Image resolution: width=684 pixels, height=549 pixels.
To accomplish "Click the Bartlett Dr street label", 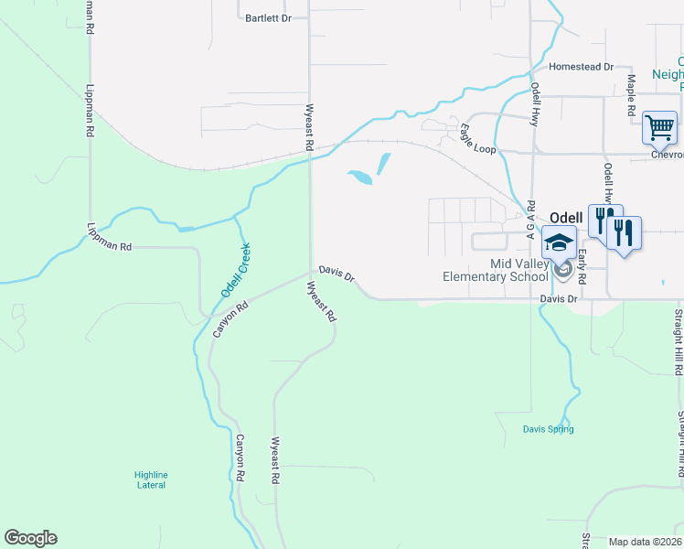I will click(x=268, y=17).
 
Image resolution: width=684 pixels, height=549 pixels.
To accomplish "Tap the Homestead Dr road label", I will click(x=581, y=67).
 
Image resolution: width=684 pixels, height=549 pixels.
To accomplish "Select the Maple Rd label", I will click(x=631, y=94).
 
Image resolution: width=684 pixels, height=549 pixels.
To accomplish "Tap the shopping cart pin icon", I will click(x=659, y=128).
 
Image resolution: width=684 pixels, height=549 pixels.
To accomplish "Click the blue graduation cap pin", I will click(x=559, y=243).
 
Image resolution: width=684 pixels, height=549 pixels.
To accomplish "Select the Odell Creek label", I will click(x=235, y=270).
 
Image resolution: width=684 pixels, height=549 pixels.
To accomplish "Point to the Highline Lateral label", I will click(x=151, y=479).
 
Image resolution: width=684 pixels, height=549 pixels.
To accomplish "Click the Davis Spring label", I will click(x=549, y=429).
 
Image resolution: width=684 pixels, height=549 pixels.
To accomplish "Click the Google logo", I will click(x=30, y=538).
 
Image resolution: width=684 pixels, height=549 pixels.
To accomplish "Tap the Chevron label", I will click(x=667, y=155).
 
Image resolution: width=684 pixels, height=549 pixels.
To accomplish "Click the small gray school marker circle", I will click(x=565, y=269).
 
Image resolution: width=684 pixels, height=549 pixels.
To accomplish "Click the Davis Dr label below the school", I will click(x=561, y=298).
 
